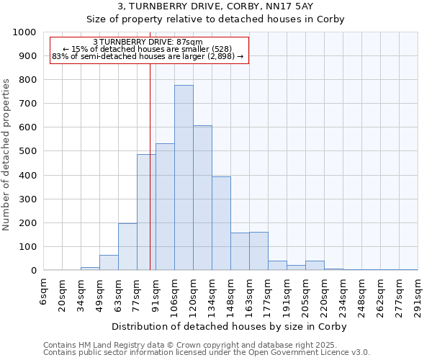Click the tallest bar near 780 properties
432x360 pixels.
pyautogui.click(x=184, y=178)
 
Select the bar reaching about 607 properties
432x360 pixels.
pyautogui.click(x=202, y=198)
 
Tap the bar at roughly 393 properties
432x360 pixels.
pyautogui.click(x=221, y=224)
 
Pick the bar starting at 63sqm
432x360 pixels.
pyautogui.click(x=127, y=247)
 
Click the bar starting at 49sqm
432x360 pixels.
pyautogui.click(x=109, y=263)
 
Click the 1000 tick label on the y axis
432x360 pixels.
pyautogui.click(x=25, y=32)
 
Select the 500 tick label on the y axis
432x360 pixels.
pyautogui.click(x=28, y=151)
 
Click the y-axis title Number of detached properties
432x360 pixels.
pyautogui.click(x=6, y=152)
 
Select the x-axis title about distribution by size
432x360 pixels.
pyautogui.click(x=230, y=326)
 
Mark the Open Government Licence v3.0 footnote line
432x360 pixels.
pyautogui.click(x=207, y=353)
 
